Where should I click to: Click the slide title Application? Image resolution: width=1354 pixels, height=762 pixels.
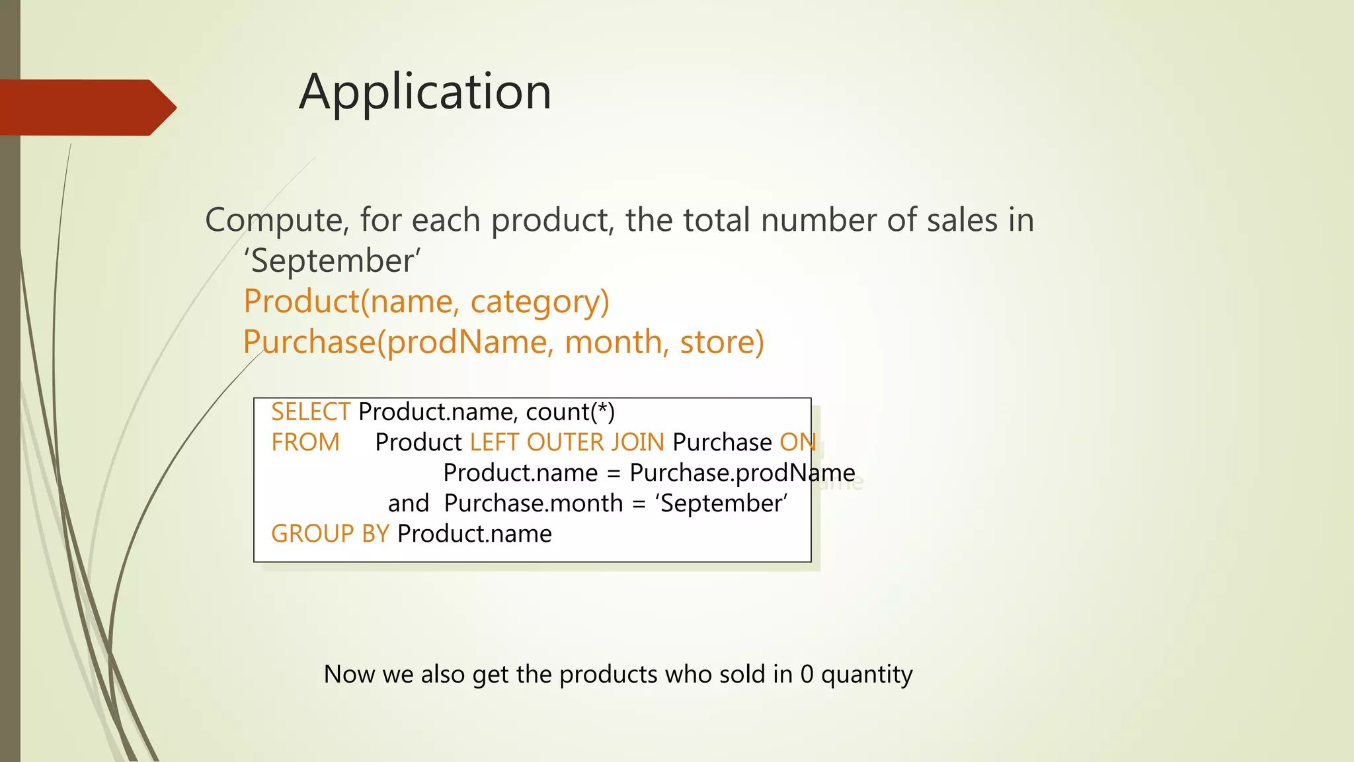click(425, 92)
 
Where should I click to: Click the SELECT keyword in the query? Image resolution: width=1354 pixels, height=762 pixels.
click(310, 412)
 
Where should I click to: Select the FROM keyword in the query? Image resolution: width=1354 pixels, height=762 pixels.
click(305, 443)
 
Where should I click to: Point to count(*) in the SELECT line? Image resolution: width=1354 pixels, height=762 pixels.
click(570, 412)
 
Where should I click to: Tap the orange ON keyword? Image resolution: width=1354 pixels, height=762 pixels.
click(797, 443)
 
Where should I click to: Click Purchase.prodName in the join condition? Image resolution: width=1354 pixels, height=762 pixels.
click(742, 473)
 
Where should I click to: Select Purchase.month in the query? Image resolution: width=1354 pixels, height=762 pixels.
click(534, 503)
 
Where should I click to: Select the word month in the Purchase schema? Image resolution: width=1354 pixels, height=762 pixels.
click(614, 342)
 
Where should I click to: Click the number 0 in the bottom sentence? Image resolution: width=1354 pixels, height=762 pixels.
click(807, 675)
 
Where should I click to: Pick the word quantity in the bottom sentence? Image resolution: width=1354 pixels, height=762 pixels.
click(867, 675)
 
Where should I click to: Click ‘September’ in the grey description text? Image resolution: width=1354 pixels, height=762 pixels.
click(333, 261)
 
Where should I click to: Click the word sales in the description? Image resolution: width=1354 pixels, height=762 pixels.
click(962, 220)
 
